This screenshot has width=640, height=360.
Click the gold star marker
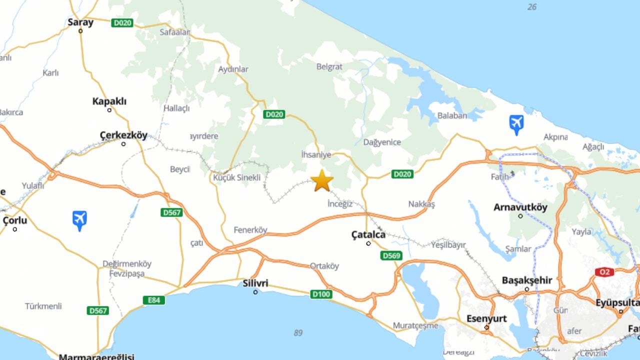[322, 180]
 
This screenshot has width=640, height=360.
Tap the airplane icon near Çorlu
[79, 220]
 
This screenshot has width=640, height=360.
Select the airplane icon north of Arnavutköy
[516, 124]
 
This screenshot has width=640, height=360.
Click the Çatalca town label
[368, 234]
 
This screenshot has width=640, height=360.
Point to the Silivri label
[255, 283]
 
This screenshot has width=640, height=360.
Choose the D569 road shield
[391, 255]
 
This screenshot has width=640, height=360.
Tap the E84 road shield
[153, 300]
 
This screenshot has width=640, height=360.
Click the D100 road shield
[321, 294]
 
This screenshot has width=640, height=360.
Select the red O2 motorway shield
[604, 272]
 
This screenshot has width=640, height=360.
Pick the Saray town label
[80, 22]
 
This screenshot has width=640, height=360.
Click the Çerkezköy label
[123, 135]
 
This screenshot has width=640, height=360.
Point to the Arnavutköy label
[520, 207]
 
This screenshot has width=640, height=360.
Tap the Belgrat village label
[329, 66]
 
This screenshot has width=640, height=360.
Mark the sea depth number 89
[298, 332]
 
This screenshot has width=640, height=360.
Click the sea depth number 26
[532, 7]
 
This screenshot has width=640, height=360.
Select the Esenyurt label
[486, 318]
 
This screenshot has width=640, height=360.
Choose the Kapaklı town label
[109, 101]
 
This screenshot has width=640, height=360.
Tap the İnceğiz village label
[339, 203]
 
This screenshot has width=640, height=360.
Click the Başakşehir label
[526, 280]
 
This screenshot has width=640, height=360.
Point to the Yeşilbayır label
[447, 245]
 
